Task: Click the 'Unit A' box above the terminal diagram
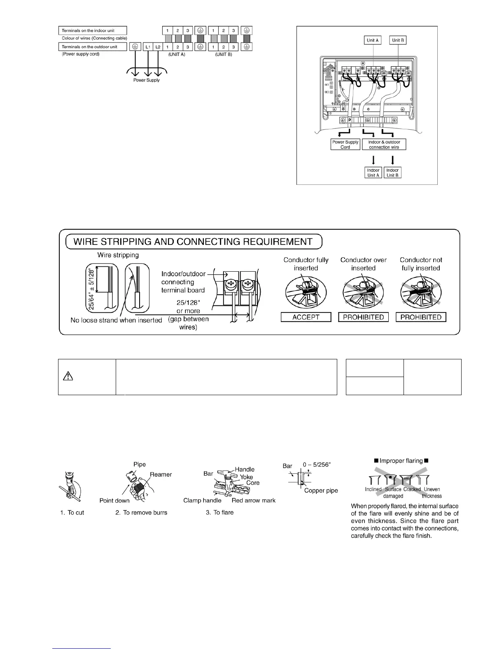[x=373, y=40]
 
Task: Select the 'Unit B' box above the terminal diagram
[x=398, y=40]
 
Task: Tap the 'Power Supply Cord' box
[x=345, y=144]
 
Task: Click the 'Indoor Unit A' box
[x=373, y=172]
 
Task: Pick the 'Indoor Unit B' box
[x=392, y=172]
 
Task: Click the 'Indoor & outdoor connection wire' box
[x=384, y=144]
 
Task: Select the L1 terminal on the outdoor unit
[x=148, y=47]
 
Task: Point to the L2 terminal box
[x=158, y=47]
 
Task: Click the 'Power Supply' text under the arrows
[x=146, y=80]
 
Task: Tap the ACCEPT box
[x=306, y=317]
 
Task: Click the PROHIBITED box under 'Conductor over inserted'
[x=363, y=317]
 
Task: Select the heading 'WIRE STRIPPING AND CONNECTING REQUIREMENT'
[x=193, y=242]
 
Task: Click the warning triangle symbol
[x=69, y=376]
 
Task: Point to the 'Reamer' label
[x=161, y=475]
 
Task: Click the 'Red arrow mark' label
[x=253, y=501]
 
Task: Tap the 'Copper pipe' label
[x=321, y=491]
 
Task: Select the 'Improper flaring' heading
[x=401, y=461]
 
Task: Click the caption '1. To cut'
[x=72, y=513]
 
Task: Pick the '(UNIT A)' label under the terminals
[x=177, y=54]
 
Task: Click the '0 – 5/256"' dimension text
[x=317, y=465]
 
